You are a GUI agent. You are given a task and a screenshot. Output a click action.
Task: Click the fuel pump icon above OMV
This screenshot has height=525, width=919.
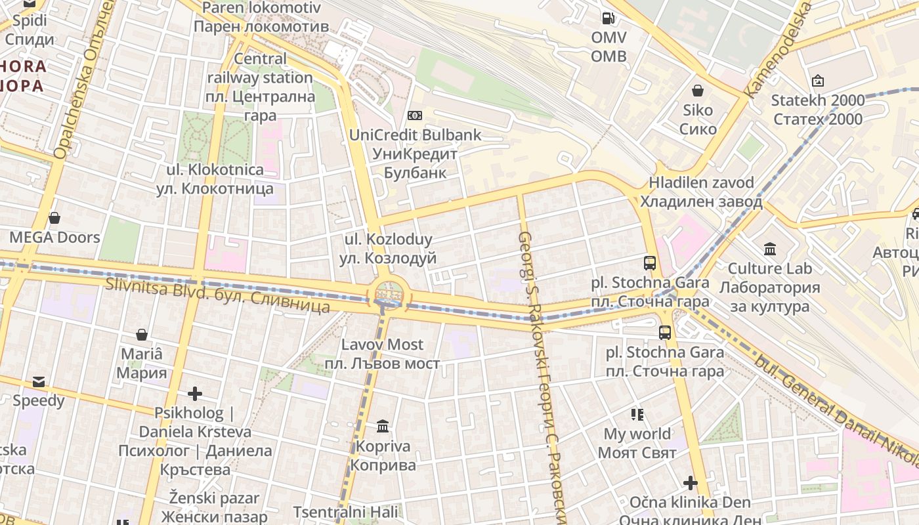tap(609, 18)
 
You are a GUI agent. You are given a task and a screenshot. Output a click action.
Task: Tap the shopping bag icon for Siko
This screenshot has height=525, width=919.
tap(698, 90)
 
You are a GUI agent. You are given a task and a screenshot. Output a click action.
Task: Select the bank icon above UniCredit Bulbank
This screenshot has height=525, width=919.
tap(414, 115)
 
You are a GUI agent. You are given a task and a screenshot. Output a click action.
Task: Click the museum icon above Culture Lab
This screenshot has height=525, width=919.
tap(770, 249)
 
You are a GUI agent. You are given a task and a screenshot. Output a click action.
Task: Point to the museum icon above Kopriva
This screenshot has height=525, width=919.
tap(383, 427)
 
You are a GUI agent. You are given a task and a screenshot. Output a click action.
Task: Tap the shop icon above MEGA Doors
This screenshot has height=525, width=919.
tap(54, 217)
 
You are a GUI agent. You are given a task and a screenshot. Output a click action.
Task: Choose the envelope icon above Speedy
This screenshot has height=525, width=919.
tap(39, 381)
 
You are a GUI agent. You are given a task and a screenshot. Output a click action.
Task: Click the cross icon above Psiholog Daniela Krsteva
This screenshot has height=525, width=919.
tap(194, 394)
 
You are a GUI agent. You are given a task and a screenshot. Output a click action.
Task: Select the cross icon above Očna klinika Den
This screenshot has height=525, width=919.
tap(690, 484)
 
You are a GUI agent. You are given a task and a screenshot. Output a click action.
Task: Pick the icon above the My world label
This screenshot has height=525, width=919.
tap(637, 414)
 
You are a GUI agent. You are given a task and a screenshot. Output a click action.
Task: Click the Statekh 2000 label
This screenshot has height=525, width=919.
tap(817, 110)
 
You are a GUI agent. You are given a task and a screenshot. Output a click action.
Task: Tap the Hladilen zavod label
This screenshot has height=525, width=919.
tap(701, 192)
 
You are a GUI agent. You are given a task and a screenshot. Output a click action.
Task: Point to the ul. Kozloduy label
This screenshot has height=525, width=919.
tap(389, 249)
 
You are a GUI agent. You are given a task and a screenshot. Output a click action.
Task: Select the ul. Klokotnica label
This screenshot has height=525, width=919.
tap(215, 178)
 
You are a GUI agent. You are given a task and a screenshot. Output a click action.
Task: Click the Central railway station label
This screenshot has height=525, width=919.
tap(261, 87)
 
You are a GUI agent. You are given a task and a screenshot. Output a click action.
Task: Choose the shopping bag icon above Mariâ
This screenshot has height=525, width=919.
tap(141, 335)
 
